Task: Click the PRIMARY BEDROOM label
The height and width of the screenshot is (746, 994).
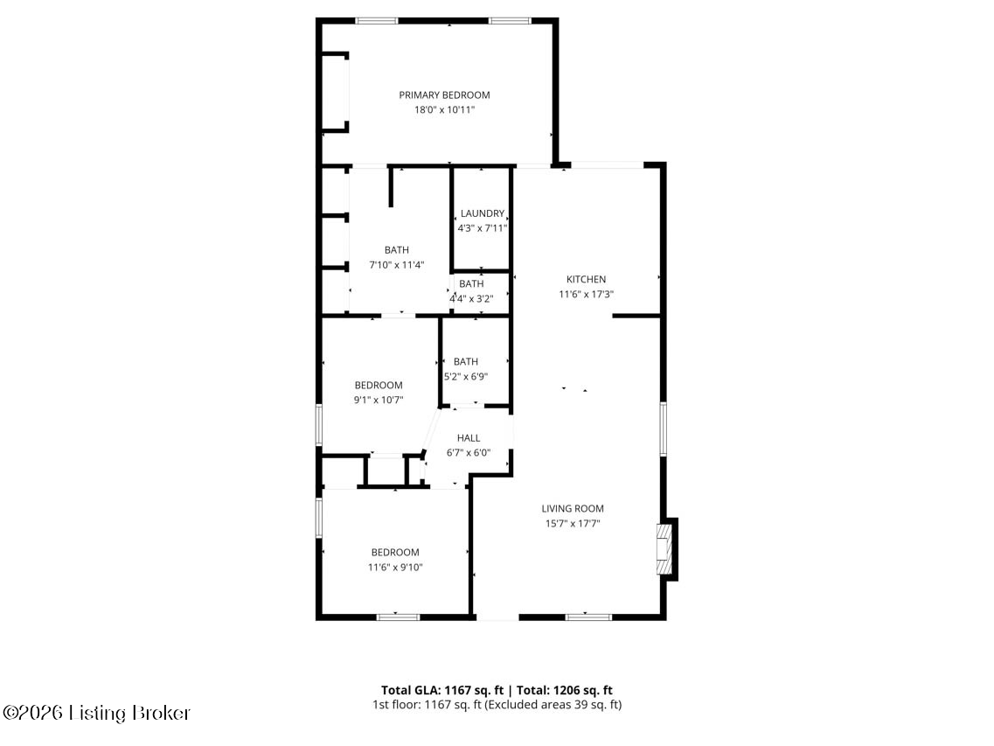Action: [x=444, y=95]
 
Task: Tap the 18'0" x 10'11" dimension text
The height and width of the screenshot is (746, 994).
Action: [x=444, y=110]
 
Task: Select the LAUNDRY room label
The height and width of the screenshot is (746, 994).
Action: [x=483, y=213]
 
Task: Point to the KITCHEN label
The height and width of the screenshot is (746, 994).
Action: [x=586, y=280]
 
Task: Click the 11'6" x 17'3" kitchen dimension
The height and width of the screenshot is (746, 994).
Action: [x=586, y=295]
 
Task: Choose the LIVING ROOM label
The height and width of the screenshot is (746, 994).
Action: [x=573, y=509]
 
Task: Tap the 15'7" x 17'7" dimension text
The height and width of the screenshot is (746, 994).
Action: [x=573, y=524]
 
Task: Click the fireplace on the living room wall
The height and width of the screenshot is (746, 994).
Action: [x=666, y=548]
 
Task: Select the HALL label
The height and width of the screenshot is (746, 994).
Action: [x=469, y=438]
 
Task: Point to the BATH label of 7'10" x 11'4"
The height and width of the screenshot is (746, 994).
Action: [x=396, y=250]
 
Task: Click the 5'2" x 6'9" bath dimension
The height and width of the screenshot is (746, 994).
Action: [x=466, y=377]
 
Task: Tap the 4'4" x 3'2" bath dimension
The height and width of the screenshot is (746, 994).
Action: [x=472, y=298]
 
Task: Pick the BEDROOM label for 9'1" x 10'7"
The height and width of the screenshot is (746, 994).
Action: [x=379, y=386]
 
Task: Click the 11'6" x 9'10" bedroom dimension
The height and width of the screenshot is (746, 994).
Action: [x=395, y=568]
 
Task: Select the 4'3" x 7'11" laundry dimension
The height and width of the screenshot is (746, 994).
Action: [x=483, y=228]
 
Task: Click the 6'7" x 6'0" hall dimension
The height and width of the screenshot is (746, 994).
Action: [x=469, y=453]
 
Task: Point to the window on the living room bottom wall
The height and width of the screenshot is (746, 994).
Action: [x=588, y=617]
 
